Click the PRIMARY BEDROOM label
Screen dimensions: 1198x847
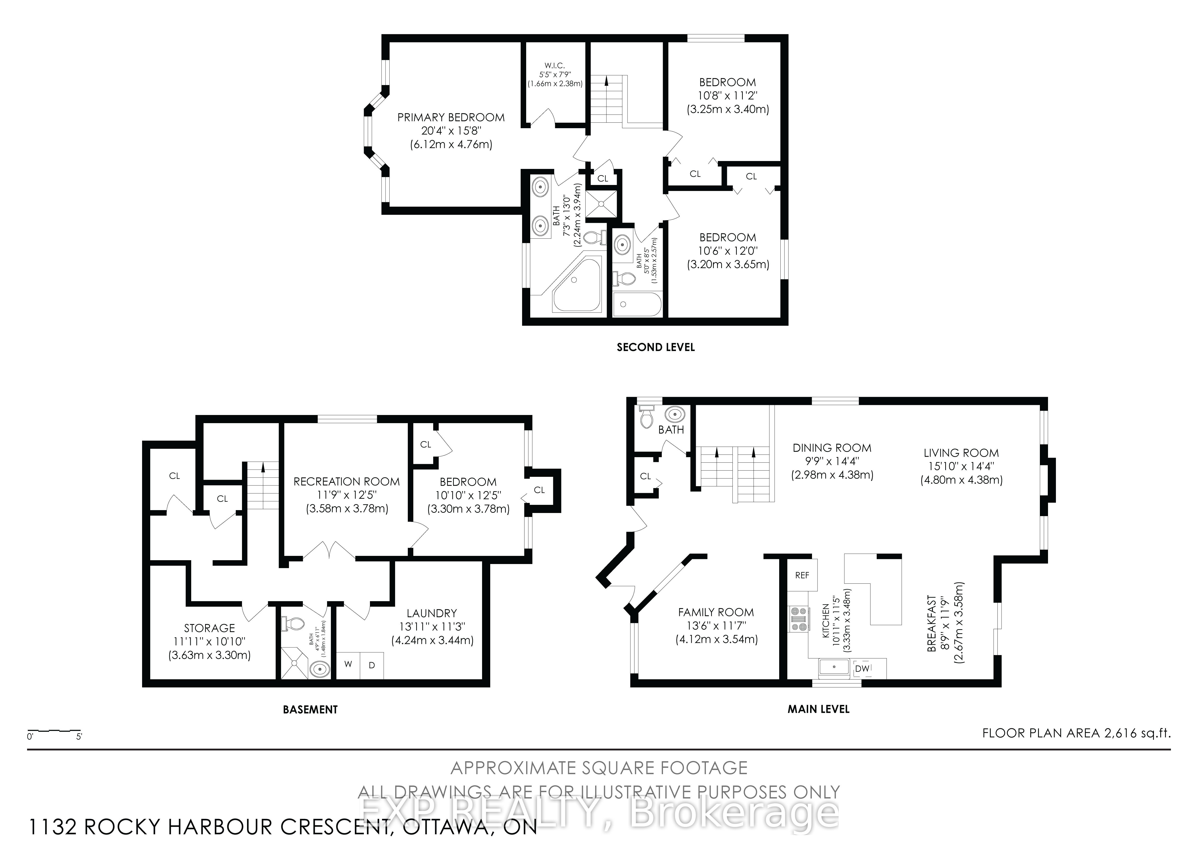[451, 117]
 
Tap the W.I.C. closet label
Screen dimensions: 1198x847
[555, 65]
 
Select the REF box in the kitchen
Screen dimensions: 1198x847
[802, 575]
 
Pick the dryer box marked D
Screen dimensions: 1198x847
[372, 665]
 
